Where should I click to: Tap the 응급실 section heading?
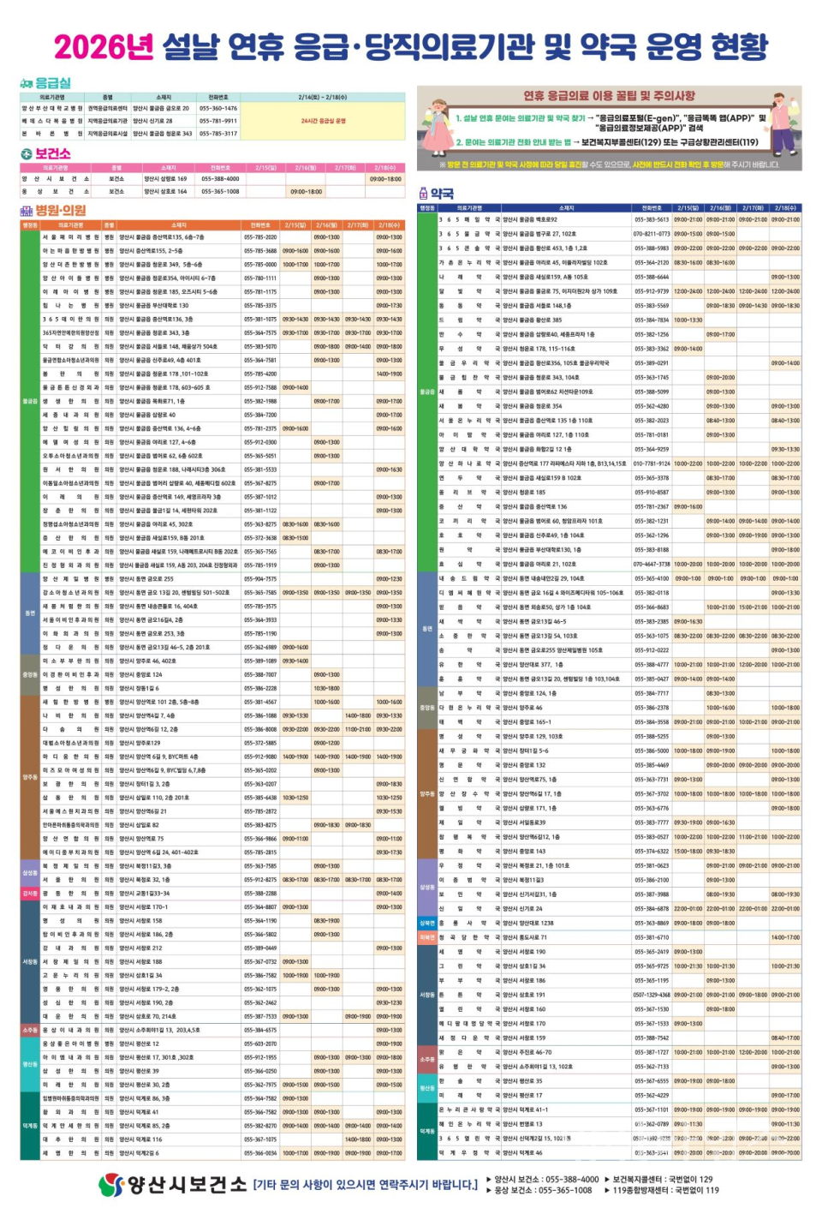click(53, 83)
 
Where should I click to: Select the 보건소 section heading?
click(53, 153)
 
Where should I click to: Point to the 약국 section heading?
click(442, 194)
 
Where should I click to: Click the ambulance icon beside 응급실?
click(27, 84)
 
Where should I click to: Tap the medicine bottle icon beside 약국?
click(423, 194)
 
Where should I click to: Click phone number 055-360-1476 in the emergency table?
click(217, 109)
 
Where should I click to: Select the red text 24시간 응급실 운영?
click(323, 121)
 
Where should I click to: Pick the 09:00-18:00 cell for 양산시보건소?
click(385, 179)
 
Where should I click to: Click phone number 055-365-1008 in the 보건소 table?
click(220, 192)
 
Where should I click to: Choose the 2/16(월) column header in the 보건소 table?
click(306, 168)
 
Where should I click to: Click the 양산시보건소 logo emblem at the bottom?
click(112, 1185)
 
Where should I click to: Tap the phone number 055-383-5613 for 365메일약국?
click(651, 220)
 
